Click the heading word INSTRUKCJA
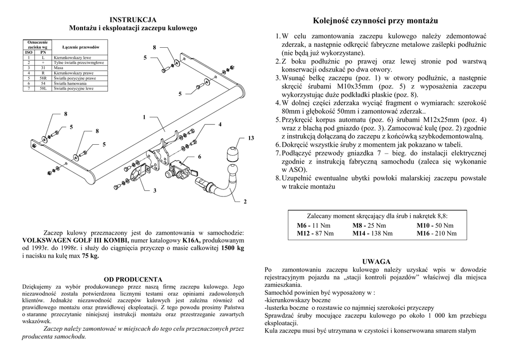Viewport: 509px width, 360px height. [x=133, y=20]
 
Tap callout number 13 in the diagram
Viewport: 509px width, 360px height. [x=251, y=138]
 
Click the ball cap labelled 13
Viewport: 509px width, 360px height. [x=233, y=153]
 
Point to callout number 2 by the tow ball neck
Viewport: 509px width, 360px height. [x=245, y=201]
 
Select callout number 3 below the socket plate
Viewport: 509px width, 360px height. [x=155, y=190]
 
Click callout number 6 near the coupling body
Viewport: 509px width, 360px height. [x=200, y=157]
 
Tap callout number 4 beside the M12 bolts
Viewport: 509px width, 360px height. [x=219, y=124]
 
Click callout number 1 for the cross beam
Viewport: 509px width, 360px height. [x=144, y=117]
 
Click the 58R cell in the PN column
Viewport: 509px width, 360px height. [x=43, y=78]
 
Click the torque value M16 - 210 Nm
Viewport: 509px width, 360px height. [x=435, y=233]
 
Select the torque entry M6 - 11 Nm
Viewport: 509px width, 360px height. [x=313, y=226]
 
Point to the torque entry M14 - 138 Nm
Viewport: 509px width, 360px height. [x=372, y=233]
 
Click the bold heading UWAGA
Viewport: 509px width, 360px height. [x=376, y=262]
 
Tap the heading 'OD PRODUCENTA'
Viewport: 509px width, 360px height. [x=133, y=279]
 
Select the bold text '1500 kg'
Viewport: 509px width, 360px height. [x=233, y=248]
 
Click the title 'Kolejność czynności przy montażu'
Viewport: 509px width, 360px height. [x=375, y=21]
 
